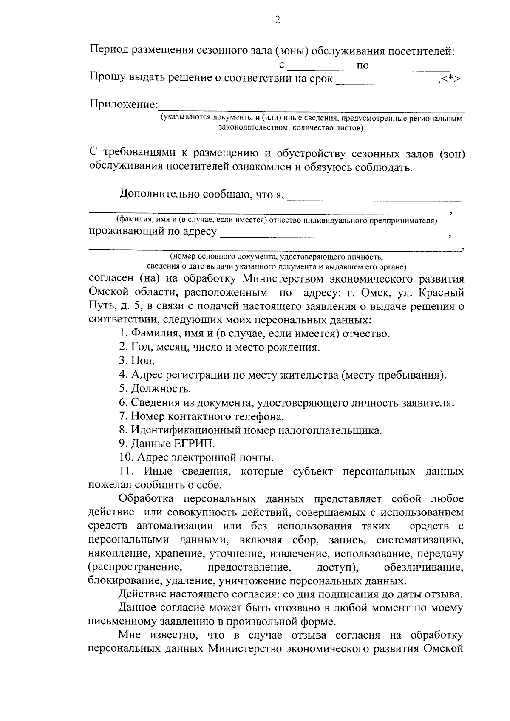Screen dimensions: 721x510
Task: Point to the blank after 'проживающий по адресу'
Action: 334,235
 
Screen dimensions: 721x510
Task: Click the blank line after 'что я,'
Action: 375,198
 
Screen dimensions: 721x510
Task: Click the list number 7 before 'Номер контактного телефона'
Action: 122,416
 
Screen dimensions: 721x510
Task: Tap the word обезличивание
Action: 423,568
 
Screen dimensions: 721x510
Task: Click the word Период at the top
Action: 109,52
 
